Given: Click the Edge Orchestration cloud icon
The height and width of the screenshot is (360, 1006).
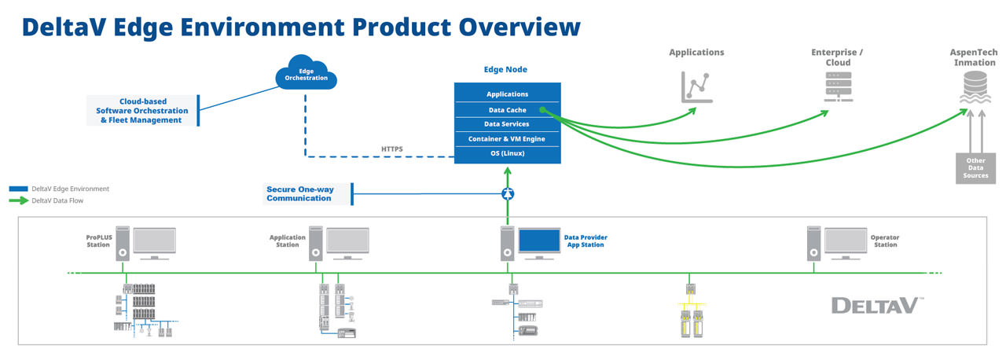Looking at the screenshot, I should coord(306,74).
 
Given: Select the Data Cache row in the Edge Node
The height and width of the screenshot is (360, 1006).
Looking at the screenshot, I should coord(507,110).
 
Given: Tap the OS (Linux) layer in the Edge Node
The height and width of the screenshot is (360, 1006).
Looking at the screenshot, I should coord(507,153).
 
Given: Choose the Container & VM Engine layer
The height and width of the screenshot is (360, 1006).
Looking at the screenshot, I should coord(507,138).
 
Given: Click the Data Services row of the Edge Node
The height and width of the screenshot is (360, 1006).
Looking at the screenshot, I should coord(507,124).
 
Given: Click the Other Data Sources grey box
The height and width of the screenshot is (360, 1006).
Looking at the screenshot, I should coord(975,167).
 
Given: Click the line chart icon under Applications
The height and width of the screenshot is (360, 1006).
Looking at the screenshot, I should coord(696,86).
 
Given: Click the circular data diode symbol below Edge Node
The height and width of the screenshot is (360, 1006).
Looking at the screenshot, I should coord(508,193).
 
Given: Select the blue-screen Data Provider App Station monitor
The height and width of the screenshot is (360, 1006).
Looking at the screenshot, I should coord(538,241).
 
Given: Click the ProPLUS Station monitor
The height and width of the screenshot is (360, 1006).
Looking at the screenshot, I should coord(155,241).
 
